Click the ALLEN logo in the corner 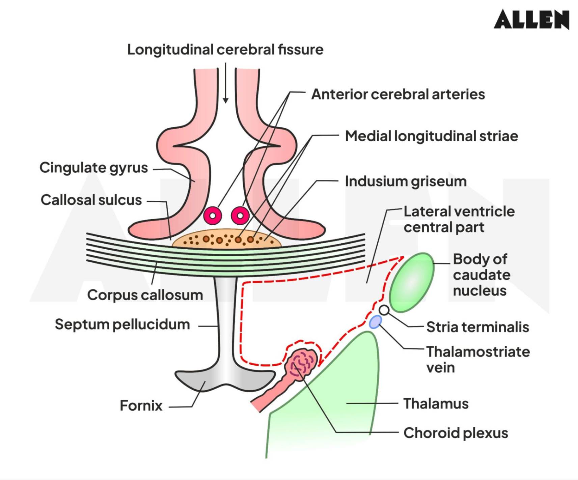click(x=531, y=19)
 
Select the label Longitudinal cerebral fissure click(x=225, y=50)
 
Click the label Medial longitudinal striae click(x=431, y=136)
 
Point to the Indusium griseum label click(x=406, y=181)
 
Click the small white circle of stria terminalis click(x=384, y=310)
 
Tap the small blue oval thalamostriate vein click(x=375, y=322)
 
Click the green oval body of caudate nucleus click(x=411, y=282)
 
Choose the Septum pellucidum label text click(x=122, y=324)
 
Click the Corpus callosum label click(x=145, y=295)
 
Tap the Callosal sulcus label click(x=91, y=200)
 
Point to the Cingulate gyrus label click(x=93, y=168)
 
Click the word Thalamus click(x=436, y=404)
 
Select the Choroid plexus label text click(x=456, y=433)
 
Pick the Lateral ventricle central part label click(x=459, y=219)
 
